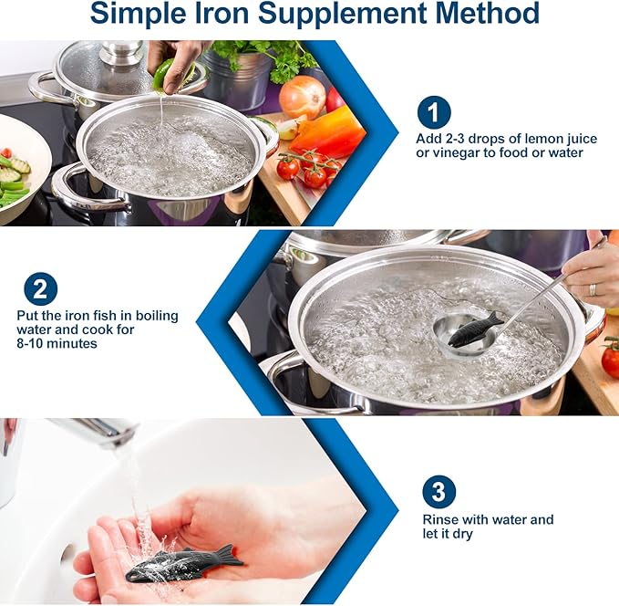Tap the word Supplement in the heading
pyautogui.click(x=356, y=16)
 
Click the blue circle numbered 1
pyautogui.click(x=434, y=113)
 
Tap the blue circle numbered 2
pyautogui.click(x=40, y=290)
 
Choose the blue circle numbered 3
pyautogui.click(x=438, y=492)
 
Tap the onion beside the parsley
pyautogui.click(x=303, y=96)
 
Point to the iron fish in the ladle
pyautogui.click(x=475, y=329)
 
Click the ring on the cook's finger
pyautogui.click(x=593, y=288)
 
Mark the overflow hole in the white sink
pyautogui.click(x=66, y=553)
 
